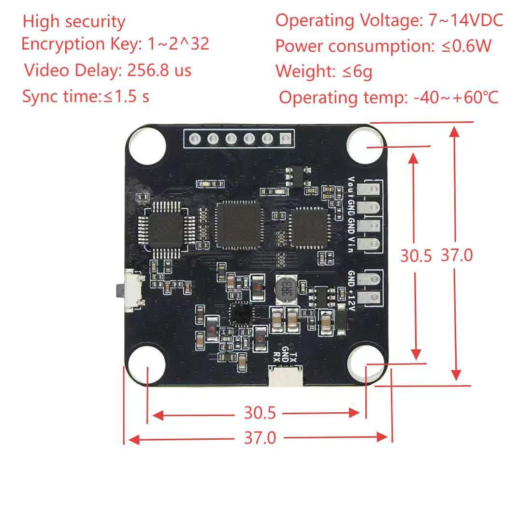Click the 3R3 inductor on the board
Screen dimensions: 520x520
coord(285,289)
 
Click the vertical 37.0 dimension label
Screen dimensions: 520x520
coord(457,255)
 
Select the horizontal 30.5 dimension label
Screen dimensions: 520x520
coord(260,413)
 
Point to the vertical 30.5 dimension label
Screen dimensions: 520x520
coord(416,256)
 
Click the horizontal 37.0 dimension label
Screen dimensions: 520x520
coord(260,438)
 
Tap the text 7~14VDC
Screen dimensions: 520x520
coord(465,20)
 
